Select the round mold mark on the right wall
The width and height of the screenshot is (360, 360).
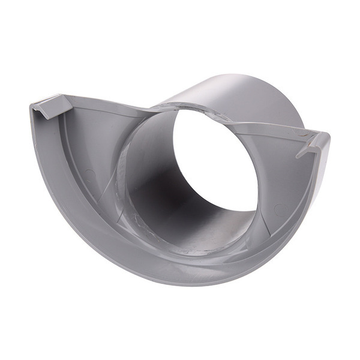pos(278,209)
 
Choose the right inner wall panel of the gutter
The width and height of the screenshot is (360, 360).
pos(282,180)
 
